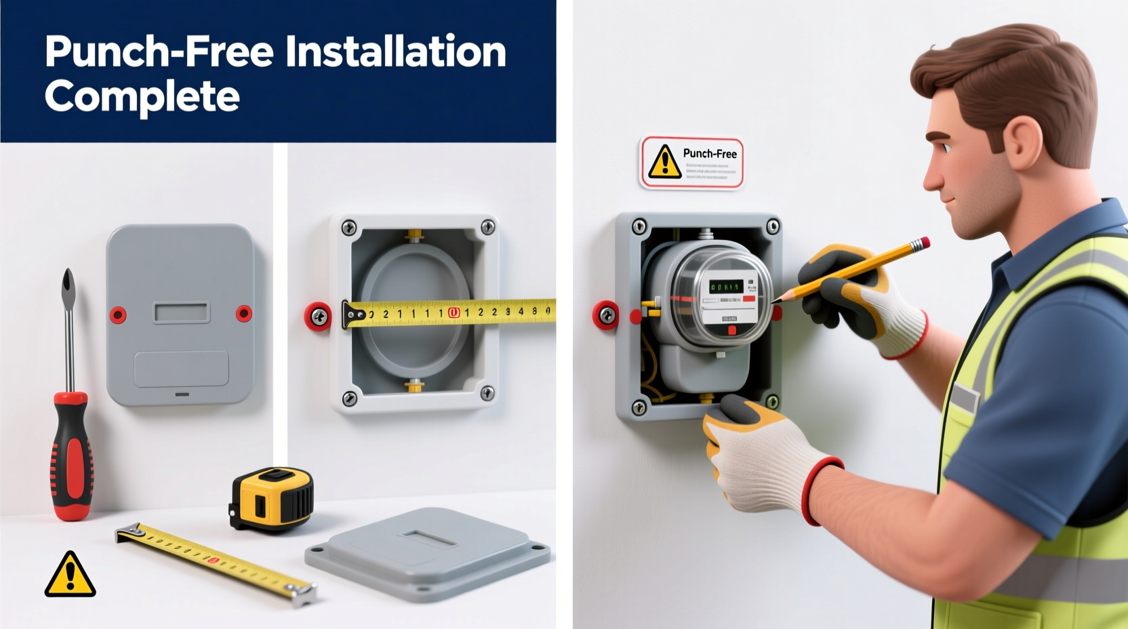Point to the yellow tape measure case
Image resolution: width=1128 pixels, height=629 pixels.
[x=272, y=499]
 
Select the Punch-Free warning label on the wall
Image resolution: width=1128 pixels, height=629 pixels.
[x=691, y=163]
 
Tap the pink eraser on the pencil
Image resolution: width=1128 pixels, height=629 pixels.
[x=920, y=244]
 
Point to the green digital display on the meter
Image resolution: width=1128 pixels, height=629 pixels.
[x=725, y=287]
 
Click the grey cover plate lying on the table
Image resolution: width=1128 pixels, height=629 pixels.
[x=427, y=552]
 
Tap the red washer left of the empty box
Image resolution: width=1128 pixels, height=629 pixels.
[x=318, y=316]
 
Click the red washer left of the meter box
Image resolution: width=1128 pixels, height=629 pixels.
[x=606, y=315]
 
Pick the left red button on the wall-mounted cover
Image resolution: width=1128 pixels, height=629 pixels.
[x=118, y=314]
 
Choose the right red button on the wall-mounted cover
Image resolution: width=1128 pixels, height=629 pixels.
[x=243, y=313]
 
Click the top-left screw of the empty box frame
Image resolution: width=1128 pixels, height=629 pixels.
[x=349, y=228]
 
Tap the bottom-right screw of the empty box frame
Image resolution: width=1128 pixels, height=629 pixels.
[x=487, y=392]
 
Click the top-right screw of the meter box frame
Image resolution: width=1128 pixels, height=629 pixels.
[x=772, y=226]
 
